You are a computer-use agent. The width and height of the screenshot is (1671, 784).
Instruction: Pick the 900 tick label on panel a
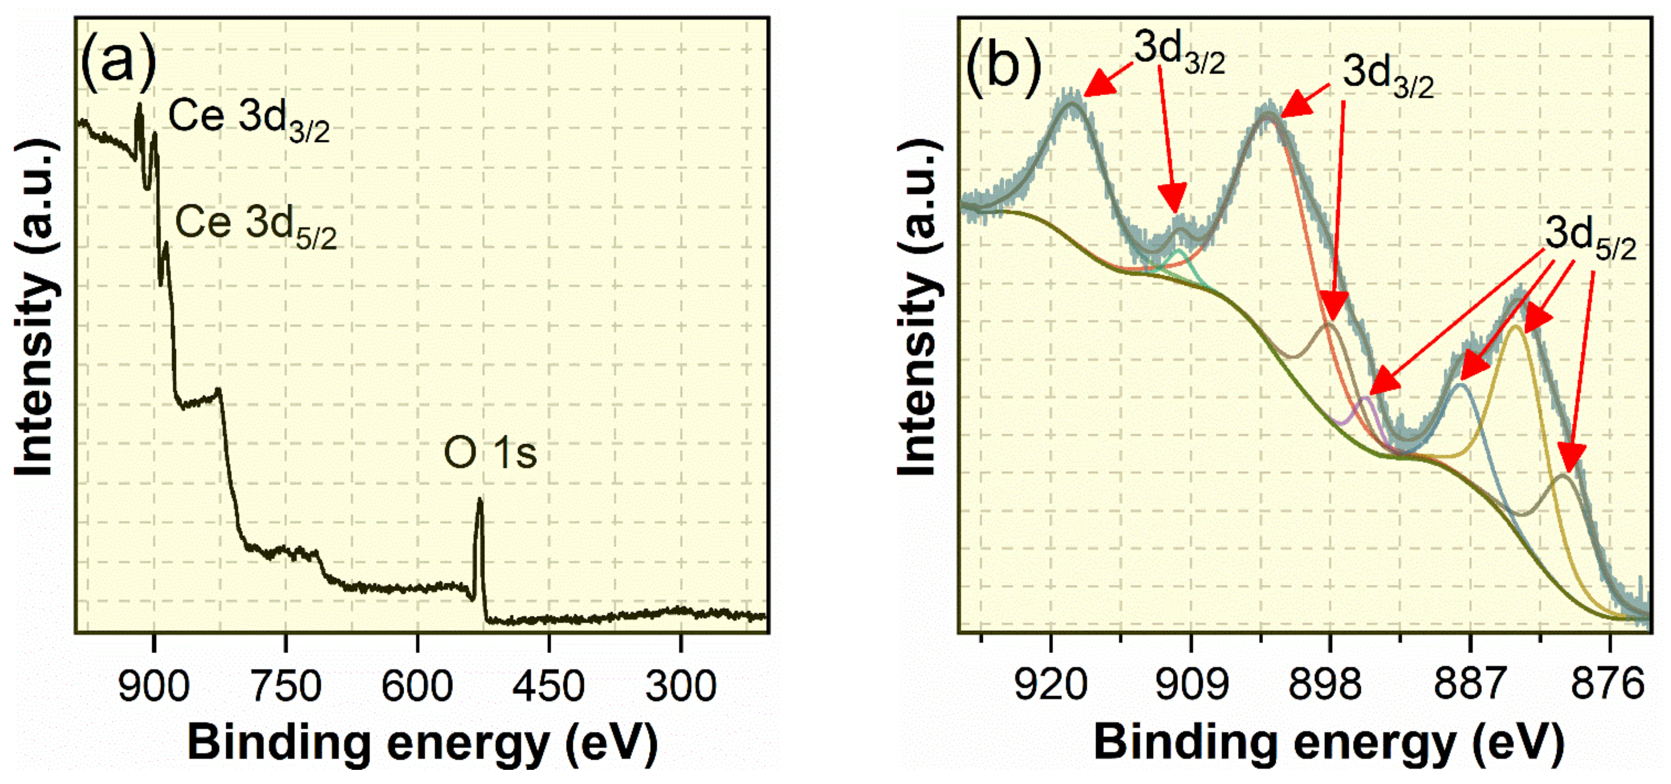click(154, 686)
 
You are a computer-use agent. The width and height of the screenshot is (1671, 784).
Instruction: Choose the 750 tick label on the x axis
click(286, 686)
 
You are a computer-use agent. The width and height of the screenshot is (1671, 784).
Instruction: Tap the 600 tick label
click(417, 686)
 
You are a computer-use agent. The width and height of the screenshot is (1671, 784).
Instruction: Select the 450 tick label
click(549, 686)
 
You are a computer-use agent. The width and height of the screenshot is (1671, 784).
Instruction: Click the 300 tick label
click(681, 686)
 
